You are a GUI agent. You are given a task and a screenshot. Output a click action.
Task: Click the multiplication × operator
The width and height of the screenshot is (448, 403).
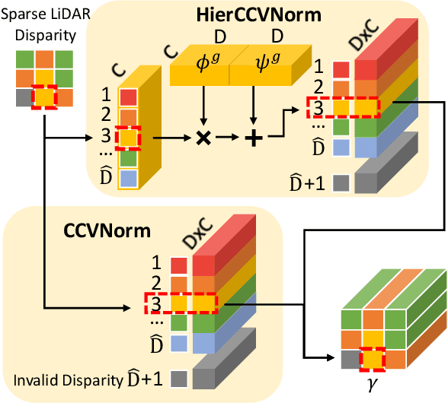(203, 139)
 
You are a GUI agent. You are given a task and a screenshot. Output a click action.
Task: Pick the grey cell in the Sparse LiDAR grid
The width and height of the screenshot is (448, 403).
(24, 98)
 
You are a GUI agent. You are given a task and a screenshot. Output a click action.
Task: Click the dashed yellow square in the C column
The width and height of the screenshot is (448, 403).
(129, 139)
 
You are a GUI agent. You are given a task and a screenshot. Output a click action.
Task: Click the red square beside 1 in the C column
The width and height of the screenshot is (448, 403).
(129, 97)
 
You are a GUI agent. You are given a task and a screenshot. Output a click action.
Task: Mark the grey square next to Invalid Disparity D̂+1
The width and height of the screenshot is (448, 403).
(179, 378)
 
